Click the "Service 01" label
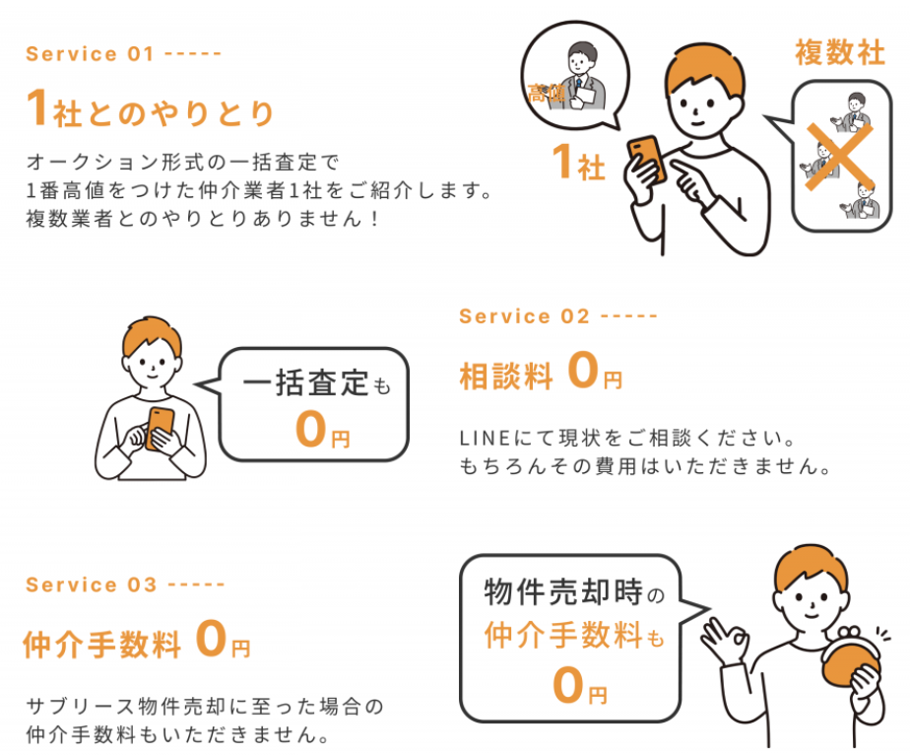[90, 54]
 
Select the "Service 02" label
[524, 316]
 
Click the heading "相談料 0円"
[541, 375]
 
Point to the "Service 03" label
[91, 584]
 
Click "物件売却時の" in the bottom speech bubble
[574, 593]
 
